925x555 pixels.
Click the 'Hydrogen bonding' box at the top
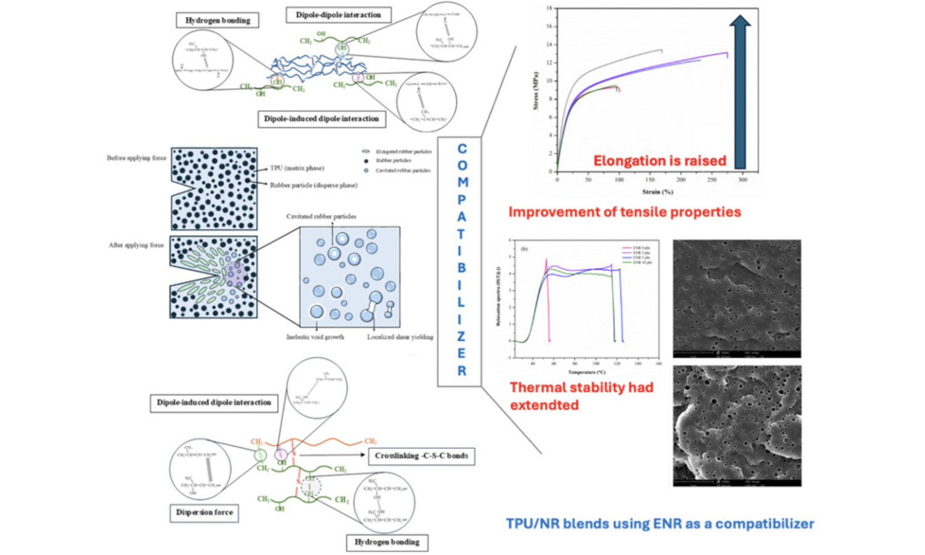[218, 20]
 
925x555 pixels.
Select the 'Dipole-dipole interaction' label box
[338, 15]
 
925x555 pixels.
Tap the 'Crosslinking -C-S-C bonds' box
[421, 456]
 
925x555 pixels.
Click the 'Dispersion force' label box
[204, 512]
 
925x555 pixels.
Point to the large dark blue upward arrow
[739, 92]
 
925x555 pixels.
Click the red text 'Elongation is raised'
[659, 161]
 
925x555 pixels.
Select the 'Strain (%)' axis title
[657, 192]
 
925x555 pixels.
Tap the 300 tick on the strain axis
[742, 180]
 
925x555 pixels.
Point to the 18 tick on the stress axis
[549, 9]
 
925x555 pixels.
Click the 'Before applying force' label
[136, 158]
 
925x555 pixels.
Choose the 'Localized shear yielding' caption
[400, 337]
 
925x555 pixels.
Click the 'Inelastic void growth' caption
[315, 337]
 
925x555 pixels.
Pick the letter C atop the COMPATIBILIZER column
[461, 149]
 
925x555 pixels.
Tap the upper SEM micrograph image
[736, 298]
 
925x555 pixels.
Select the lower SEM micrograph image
[737, 425]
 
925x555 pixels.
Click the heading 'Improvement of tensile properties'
[624, 212]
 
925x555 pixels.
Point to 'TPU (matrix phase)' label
[297, 168]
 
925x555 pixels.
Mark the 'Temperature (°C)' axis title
[586, 372]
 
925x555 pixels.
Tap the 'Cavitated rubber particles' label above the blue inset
[321, 216]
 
